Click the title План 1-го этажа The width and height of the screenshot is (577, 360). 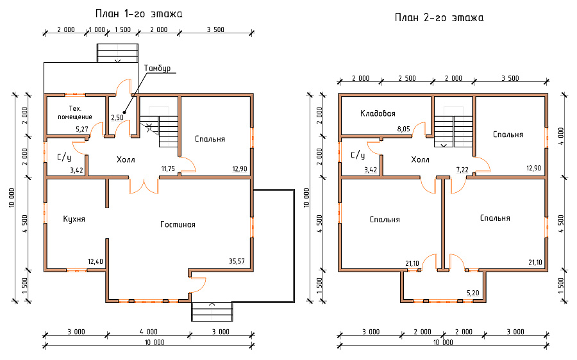[x=138, y=14]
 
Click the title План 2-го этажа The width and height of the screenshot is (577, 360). [x=439, y=18]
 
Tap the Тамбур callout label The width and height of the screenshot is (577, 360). [x=157, y=69]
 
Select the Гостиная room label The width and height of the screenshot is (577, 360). [x=178, y=224]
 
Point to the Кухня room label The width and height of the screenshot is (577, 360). [x=74, y=219]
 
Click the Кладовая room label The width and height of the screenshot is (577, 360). [x=378, y=113]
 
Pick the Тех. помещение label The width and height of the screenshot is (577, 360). [x=75, y=113]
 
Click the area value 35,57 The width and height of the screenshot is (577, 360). [x=237, y=261]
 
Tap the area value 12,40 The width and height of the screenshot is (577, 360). [x=96, y=261]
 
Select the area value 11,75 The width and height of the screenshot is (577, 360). [x=168, y=168]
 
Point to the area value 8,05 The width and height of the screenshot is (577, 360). [x=403, y=129]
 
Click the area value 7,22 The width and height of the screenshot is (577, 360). [x=462, y=170]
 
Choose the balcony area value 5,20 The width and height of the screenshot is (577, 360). [x=473, y=293]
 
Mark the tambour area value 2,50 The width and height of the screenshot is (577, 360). [x=117, y=118]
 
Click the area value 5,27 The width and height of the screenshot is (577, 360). [x=82, y=129]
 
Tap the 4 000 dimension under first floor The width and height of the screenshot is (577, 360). [x=149, y=332]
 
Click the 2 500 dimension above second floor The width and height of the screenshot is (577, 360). [x=407, y=78]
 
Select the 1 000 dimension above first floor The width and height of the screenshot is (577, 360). [x=97, y=29]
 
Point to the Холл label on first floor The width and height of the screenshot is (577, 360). [x=126, y=160]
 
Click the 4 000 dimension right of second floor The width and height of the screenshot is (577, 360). [x=561, y=136]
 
